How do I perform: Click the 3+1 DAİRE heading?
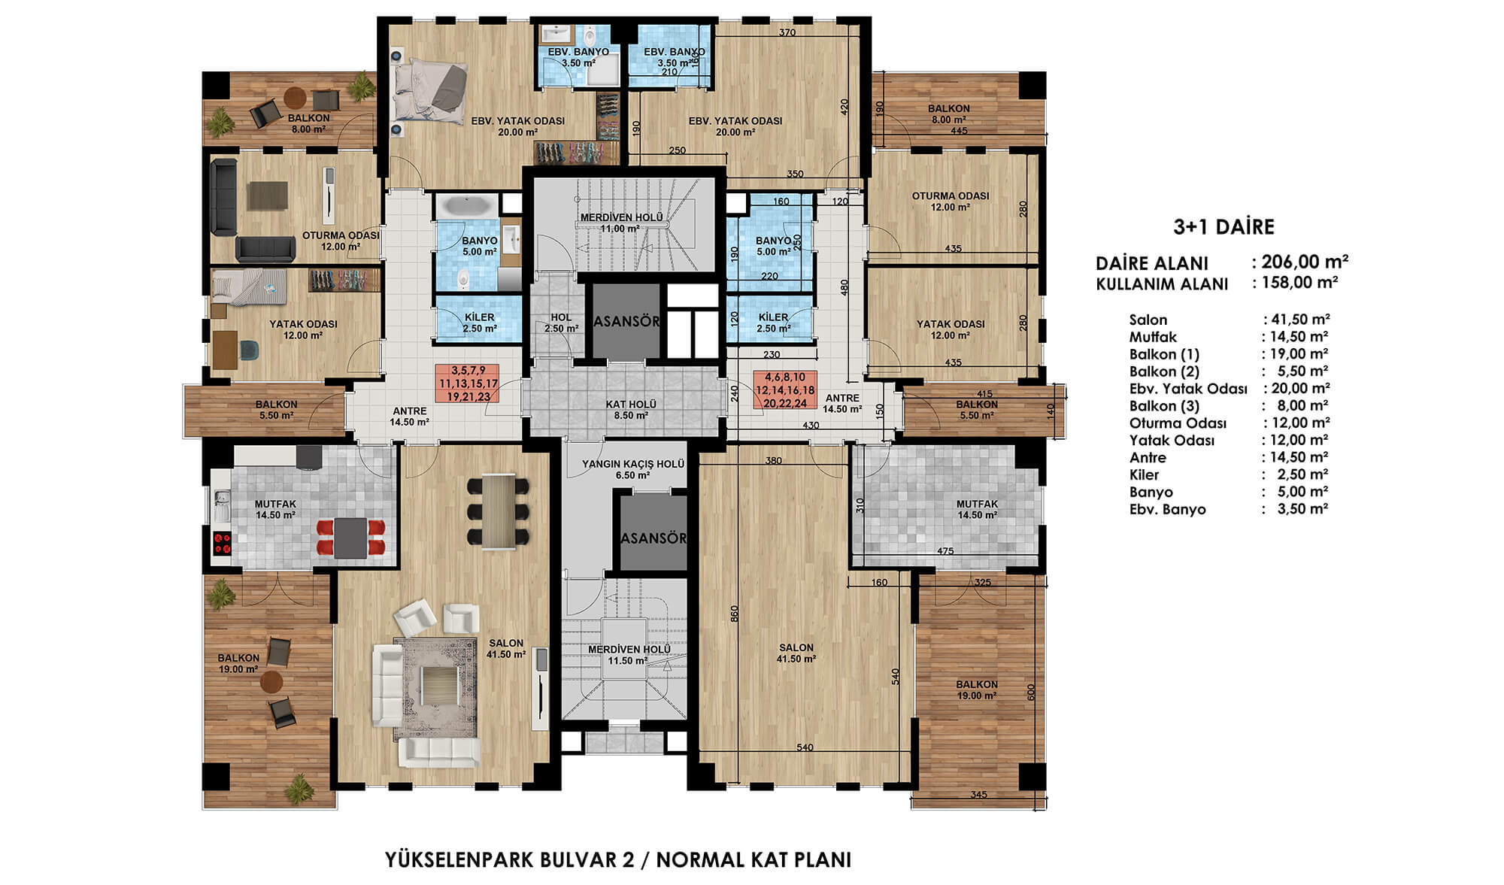point(1224,227)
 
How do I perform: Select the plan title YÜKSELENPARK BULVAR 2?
point(510,859)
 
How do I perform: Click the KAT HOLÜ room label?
point(631,405)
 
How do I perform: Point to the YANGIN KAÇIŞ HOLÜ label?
point(633,464)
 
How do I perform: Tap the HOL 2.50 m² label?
point(561,323)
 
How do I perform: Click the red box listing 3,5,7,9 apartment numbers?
point(468,383)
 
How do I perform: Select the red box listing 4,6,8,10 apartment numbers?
point(785,390)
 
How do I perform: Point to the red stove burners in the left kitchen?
point(222,544)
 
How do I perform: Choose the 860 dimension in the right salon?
point(735,614)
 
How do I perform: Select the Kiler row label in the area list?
point(1144,474)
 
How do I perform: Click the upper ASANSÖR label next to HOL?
point(626,321)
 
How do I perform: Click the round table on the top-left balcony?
point(295,97)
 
